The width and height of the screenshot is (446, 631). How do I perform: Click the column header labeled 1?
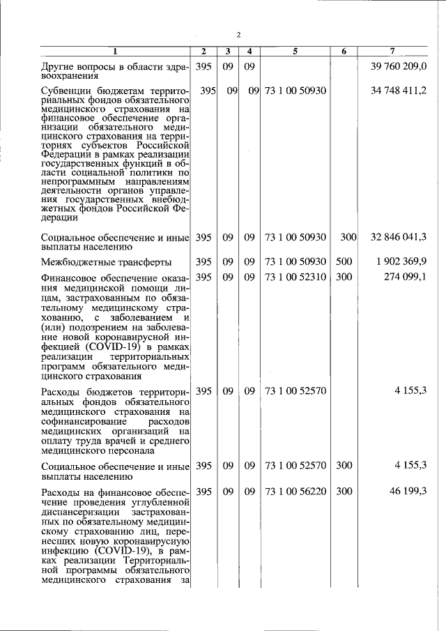(x=116, y=51)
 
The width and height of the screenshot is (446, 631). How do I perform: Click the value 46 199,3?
(x=408, y=492)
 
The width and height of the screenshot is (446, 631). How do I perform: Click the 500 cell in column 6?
(x=344, y=261)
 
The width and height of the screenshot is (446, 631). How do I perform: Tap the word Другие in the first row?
(x=59, y=66)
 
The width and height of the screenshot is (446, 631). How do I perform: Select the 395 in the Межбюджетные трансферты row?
(x=203, y=261)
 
